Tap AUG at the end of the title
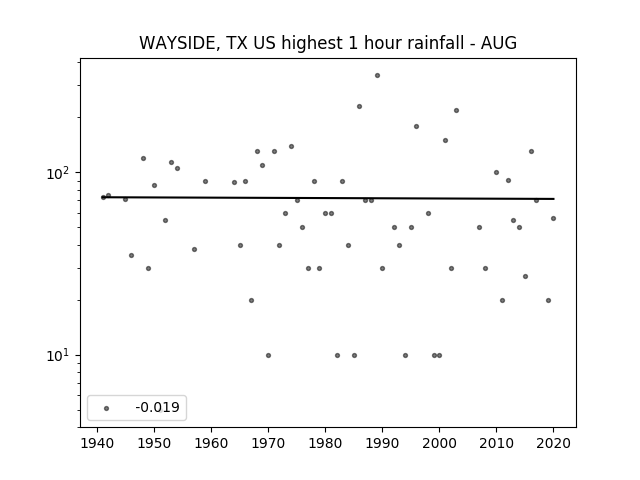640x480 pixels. (x=499, y=43)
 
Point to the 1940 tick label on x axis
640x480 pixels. (x=97, y=443)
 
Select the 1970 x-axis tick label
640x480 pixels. (x=268, y=443)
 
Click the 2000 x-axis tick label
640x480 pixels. (x=439, y=443)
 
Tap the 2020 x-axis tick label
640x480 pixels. (x=553, y=443)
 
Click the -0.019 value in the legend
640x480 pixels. (x=158, y=407)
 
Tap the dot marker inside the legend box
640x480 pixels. (x=107, y=408)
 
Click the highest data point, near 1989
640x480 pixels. (x=378, y=76)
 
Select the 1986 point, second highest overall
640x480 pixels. (x=360, y=107)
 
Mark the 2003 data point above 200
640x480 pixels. (x=456, y=111)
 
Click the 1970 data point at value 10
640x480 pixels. (x=268, y=356)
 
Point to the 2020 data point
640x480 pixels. (x=553, y=219)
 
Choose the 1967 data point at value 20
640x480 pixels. (x=251, y=300)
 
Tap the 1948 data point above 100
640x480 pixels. (x=143, y=158)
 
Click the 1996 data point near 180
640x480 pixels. (x=416, y=127)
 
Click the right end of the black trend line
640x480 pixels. (x=554, y=199)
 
